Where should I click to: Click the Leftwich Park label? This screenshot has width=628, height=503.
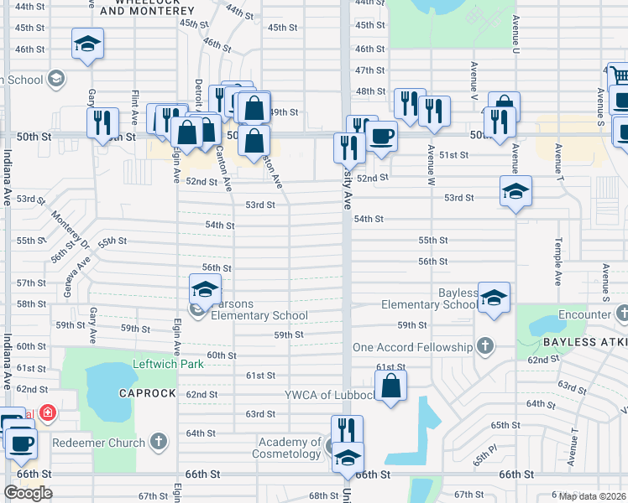click(x=168, y=365)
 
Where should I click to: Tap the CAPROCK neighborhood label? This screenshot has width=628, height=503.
click(x=148, y=393)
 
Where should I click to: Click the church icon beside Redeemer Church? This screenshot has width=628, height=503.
click(x=159, y=442)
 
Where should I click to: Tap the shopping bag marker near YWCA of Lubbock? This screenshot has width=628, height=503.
click(x=391, y=386)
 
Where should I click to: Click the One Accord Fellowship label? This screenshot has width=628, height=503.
click(x=413, y=347)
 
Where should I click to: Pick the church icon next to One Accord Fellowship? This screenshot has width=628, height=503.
click(x=484, y=345)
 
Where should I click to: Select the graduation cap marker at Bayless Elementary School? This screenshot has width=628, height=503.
click(x=495, y=298)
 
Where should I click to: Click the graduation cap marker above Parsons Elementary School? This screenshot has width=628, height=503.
click(x=203, y=291)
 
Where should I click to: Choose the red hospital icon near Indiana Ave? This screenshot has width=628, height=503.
click(x=48, y=412)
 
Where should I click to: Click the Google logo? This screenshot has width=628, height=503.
click(x=28, y=492)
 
